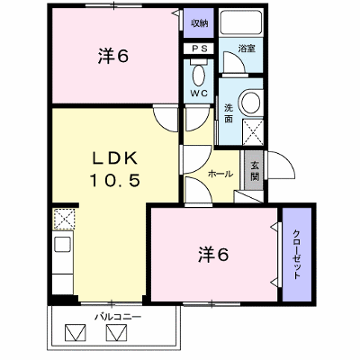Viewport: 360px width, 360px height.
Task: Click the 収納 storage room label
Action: coord(200,23)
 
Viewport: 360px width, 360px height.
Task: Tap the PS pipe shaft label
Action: coord(200,49)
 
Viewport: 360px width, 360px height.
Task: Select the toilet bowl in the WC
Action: coord(198,75)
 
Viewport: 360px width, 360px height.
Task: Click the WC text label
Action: coord(199,94)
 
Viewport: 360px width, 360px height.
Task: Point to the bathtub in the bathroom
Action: coord(240,22)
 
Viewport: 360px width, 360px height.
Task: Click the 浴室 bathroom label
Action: coord(247,49)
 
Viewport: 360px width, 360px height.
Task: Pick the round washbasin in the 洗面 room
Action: coord(250,102)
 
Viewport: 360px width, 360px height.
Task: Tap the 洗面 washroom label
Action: coord(229,113)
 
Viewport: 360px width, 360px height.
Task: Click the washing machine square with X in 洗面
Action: coord(253,132)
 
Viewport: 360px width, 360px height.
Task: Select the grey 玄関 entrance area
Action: coord(254,170)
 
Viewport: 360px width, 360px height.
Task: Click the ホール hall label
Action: coord(220,174)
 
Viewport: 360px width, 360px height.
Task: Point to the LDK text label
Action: coord(114,158)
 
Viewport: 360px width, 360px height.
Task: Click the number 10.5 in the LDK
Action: coord(115,181)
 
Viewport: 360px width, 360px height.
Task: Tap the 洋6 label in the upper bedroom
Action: coord(113,56)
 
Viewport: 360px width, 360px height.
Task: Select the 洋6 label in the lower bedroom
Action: coord(213,255)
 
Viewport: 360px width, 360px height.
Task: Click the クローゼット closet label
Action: coord(296,255)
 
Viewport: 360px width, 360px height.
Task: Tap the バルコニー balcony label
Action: coord(118,317)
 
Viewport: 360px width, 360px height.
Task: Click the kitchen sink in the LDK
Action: coord(63,245)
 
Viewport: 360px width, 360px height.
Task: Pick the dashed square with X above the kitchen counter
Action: coord(64,219)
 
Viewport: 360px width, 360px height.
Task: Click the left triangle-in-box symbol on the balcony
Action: coord(76,332)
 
